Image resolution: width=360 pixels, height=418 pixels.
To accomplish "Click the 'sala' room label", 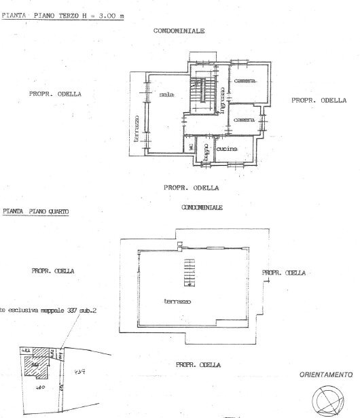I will click(x=165, y=95).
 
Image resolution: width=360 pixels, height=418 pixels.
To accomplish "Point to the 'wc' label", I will click(x=192, y=147).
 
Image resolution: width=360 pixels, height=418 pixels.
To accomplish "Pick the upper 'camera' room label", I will click(x=245, y=82).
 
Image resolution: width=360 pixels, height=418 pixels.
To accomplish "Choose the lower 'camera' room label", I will click(x=244, y=120).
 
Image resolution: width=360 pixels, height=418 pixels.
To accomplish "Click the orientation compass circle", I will click(x=328, y=402).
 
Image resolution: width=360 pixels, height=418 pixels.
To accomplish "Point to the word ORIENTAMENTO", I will click(x=327, y=375).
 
